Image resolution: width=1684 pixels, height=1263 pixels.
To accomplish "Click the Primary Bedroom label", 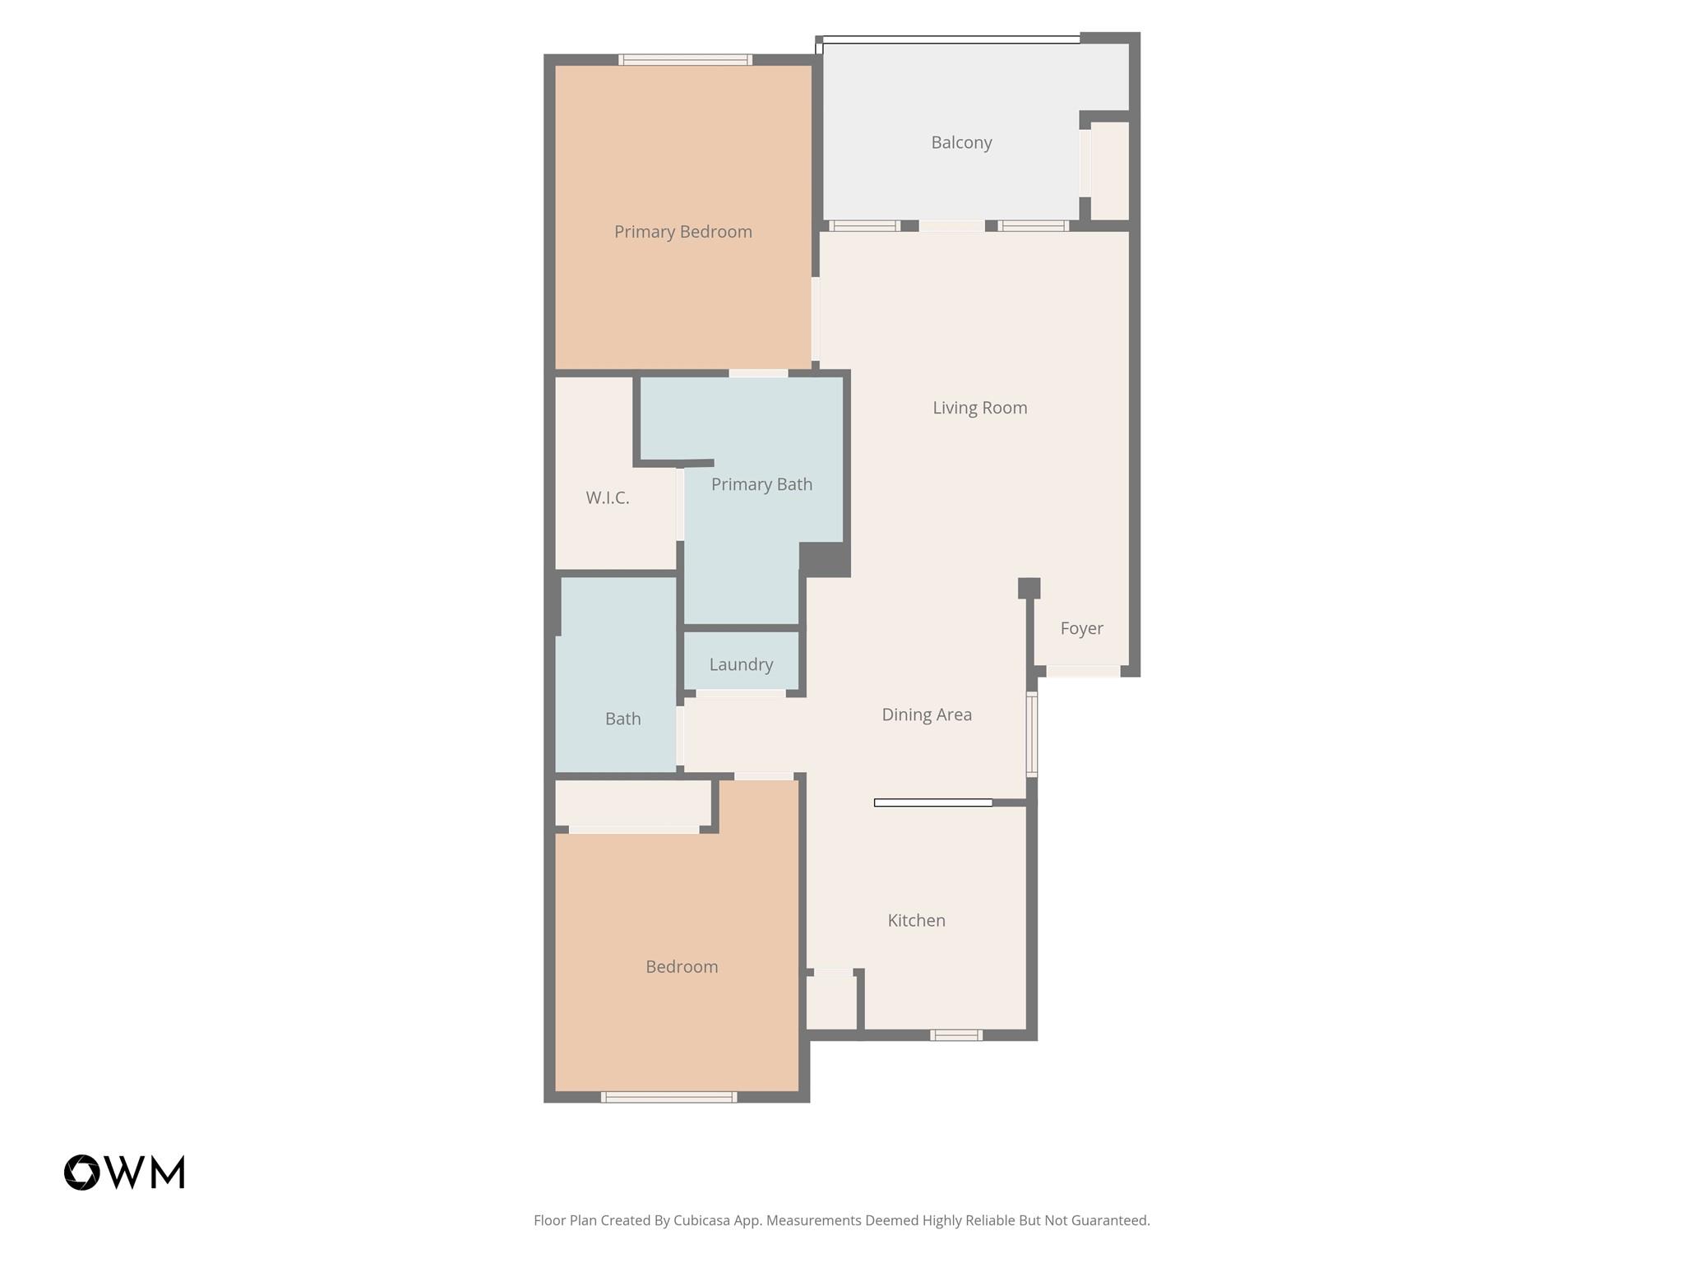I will (682, 232).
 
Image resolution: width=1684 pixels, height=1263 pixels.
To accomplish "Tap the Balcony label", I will (961, 142).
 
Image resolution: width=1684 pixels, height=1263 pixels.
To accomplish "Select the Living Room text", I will (979, 408).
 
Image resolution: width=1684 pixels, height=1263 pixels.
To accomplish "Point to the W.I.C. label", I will (607, 497).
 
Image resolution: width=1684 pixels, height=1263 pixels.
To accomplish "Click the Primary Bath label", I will (761, 484).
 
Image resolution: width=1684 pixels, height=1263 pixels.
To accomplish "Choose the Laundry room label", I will (741, 664).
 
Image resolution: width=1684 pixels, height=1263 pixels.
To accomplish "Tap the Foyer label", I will (1081, 628).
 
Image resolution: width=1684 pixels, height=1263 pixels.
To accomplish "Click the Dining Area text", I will (927, 715).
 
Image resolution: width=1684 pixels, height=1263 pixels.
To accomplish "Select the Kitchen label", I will (916, 920).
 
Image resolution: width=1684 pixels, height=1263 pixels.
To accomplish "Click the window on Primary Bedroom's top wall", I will (685, 59).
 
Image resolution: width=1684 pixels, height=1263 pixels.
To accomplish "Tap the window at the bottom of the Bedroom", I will (669, 1097).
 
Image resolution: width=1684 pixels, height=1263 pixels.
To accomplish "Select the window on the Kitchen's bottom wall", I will (955, 1035).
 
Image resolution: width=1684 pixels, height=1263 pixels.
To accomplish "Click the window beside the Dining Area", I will (1031, 734).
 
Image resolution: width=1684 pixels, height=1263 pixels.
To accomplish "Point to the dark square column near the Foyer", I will (1029, 588).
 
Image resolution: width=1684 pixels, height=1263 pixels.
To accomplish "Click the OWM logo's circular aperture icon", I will (82, 1173).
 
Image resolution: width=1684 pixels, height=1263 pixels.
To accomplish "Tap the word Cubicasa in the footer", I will (703, 1220).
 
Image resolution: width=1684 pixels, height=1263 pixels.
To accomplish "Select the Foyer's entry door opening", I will (1082, 671).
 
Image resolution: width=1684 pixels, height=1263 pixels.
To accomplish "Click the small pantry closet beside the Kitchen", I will (831, 1002).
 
